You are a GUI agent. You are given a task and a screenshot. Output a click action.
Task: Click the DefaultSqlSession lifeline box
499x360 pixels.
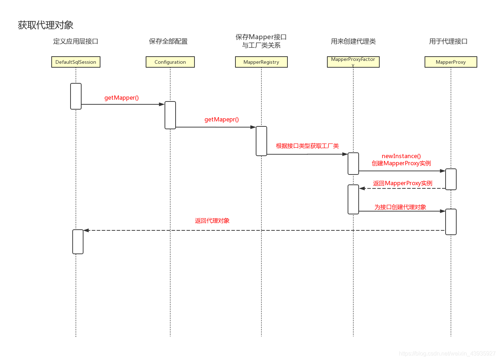pos(76,62)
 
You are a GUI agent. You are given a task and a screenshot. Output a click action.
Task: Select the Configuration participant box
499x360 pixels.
pos(170,62)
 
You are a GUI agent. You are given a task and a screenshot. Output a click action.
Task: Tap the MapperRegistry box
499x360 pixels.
pos(261,62)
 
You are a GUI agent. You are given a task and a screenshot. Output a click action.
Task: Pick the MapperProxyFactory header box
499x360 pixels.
pos(353,62)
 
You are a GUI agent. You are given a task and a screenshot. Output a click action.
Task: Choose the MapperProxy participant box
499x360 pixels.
pos(451,62)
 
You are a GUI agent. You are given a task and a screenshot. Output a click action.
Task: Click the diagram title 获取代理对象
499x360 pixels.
pos(46,25)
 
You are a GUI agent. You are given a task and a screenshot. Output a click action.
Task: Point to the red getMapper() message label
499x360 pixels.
pos(121,98)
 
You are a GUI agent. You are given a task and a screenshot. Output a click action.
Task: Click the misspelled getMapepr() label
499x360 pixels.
pos(222,120)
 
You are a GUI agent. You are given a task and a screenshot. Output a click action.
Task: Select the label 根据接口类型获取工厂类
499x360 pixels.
pos(307,146)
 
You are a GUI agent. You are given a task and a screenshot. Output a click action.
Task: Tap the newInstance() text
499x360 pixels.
pos(401,156)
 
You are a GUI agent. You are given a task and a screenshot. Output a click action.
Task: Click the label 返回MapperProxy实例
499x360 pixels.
pos(402,183)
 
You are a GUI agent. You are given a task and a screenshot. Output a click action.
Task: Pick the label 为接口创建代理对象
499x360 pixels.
pos(400,207)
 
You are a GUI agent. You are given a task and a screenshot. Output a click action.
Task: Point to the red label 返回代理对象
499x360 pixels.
pos(212,221)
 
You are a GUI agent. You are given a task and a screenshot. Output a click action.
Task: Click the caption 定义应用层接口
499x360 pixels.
pos(76,41)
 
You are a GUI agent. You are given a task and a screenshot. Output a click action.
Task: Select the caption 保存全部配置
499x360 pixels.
pos(168,41)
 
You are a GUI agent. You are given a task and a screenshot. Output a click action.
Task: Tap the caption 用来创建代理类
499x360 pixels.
pos(353,41)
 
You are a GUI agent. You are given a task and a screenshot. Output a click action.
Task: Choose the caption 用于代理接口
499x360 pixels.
pos(448,41)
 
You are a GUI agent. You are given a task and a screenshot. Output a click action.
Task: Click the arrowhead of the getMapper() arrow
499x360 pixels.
pos(162,104)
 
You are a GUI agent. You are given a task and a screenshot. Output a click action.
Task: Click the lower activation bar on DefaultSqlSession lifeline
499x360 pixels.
pos(78,242)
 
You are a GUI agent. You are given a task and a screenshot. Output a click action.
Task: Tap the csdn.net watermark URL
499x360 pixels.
pos(447,354)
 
